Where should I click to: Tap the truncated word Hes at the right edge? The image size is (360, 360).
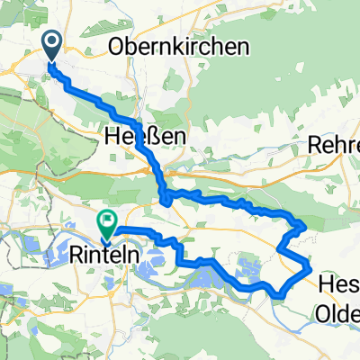click(338, 285)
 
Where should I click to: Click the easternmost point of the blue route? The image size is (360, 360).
click(310, 267)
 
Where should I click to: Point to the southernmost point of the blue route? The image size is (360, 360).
click(282, 293)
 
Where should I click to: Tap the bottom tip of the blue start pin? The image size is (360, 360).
click(49, 63)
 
